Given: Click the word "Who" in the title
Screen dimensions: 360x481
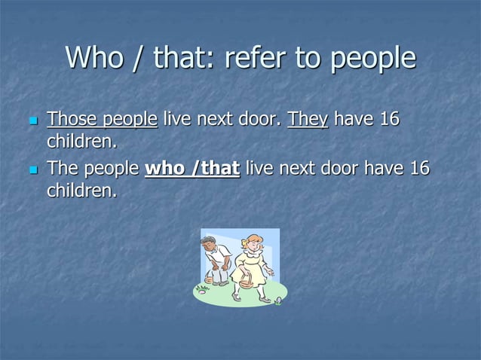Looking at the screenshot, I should (93, 58).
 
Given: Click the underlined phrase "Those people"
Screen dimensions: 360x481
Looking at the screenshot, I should (102, 119).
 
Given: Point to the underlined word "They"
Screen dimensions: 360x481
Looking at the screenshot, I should (308, 119).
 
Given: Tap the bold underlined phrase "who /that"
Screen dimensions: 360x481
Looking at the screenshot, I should (192, 168).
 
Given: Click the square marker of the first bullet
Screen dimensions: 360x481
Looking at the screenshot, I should (32, 121).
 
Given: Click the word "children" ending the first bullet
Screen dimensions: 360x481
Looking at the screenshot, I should (83, 142).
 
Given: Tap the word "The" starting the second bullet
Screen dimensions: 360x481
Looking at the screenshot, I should (62, 168).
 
